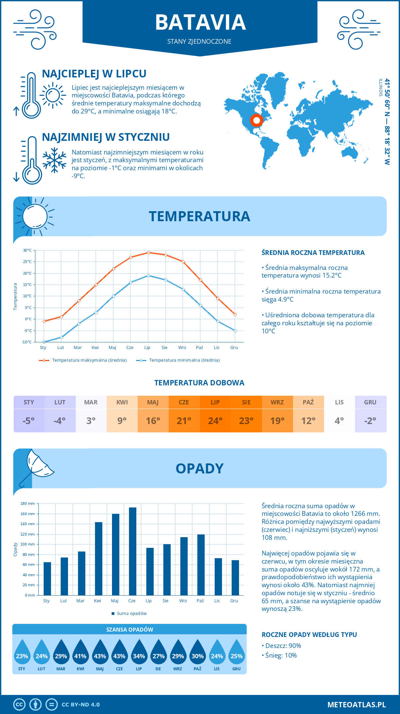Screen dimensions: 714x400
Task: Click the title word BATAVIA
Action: (200, 22)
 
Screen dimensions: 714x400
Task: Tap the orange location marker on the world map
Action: (256, 120)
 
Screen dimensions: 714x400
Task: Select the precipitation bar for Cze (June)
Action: (133, 551)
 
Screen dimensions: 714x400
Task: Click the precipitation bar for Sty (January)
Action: (47, 579)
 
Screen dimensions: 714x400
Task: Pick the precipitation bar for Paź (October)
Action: (201, 565)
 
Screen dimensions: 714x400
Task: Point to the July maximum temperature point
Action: (148, 253)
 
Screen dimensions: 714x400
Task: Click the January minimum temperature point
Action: (44, 342)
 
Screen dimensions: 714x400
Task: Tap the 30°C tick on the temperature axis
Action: (27, 250)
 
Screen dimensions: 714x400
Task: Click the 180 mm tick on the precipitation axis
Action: (28, 503)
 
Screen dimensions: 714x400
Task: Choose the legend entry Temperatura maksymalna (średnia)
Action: (89, 360)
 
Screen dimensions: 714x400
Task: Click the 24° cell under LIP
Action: (215, 421)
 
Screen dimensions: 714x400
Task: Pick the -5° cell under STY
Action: (29, 421)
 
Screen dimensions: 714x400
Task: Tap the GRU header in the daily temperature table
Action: (370, 402)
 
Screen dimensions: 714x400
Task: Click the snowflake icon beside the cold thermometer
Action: (54, 160)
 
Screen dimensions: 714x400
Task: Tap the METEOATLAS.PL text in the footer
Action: (356, 705)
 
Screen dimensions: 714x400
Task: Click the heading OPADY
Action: (199, 468)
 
